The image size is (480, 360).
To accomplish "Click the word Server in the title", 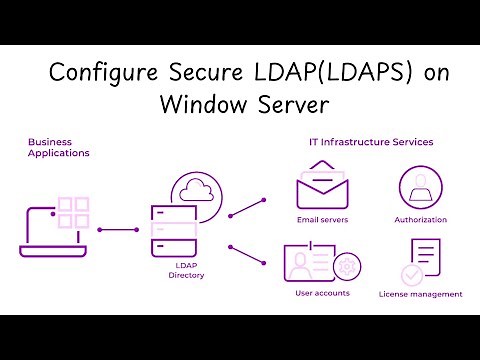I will click(x=293, y=103).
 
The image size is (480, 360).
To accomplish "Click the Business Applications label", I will click(x=58, y=147).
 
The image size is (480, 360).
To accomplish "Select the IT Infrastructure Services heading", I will click(x=370, y=142).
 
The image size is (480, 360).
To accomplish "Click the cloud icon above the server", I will click(x=194, y=190).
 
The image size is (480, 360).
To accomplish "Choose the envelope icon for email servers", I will click(x=322, y=187).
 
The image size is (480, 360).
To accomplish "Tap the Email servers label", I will click(x=322, y=219).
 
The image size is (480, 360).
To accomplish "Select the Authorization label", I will click(x=420, y=219).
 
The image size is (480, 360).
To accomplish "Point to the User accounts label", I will click(x=323, y=293).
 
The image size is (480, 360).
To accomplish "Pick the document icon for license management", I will click(x=422, y=260).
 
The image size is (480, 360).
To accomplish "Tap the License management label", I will click(x=420, y=294).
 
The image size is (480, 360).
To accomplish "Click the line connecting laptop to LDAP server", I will click(x=118, y=229).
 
